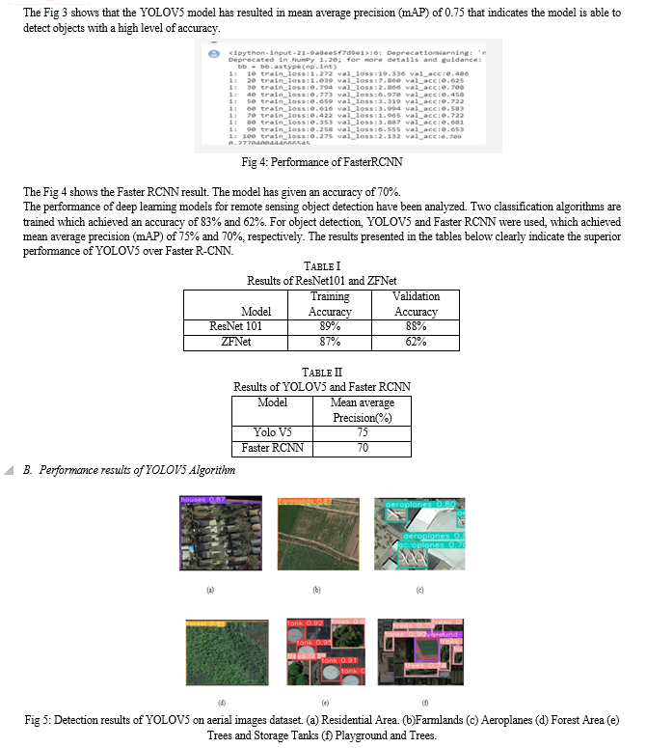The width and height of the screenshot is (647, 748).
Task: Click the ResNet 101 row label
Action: coord(235,326)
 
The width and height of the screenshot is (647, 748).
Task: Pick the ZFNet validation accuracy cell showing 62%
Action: coord(417,342)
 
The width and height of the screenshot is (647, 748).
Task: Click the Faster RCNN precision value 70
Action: coord(362,448)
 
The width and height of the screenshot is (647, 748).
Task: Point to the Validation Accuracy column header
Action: coord(417,304)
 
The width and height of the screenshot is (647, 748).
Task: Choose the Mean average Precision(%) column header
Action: coord(362,409)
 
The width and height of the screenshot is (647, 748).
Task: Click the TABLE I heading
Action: coord(322,265)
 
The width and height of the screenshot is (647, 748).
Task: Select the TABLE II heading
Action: coord(322,372)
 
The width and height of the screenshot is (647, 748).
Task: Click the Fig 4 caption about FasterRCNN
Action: coord(322,162)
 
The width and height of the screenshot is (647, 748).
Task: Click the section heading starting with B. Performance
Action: coord(129,470)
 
